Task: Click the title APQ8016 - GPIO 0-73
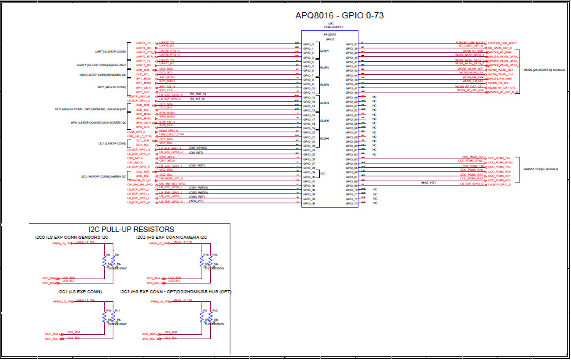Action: point(340,15)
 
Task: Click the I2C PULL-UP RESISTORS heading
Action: point(131,229)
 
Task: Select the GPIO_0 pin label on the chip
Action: point(308,45)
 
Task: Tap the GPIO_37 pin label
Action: point(352,45)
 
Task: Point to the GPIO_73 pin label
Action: point(352,203)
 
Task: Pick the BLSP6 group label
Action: point(325,139)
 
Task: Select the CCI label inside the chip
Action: point(322,174)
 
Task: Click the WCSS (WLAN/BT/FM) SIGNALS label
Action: point(543,70)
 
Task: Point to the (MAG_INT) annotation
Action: point(428,182)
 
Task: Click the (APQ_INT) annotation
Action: point(197,201)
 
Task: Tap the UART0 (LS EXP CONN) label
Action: point(111,51)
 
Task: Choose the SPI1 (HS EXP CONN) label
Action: point(112,86)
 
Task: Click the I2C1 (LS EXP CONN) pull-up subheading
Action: point(77,292)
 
